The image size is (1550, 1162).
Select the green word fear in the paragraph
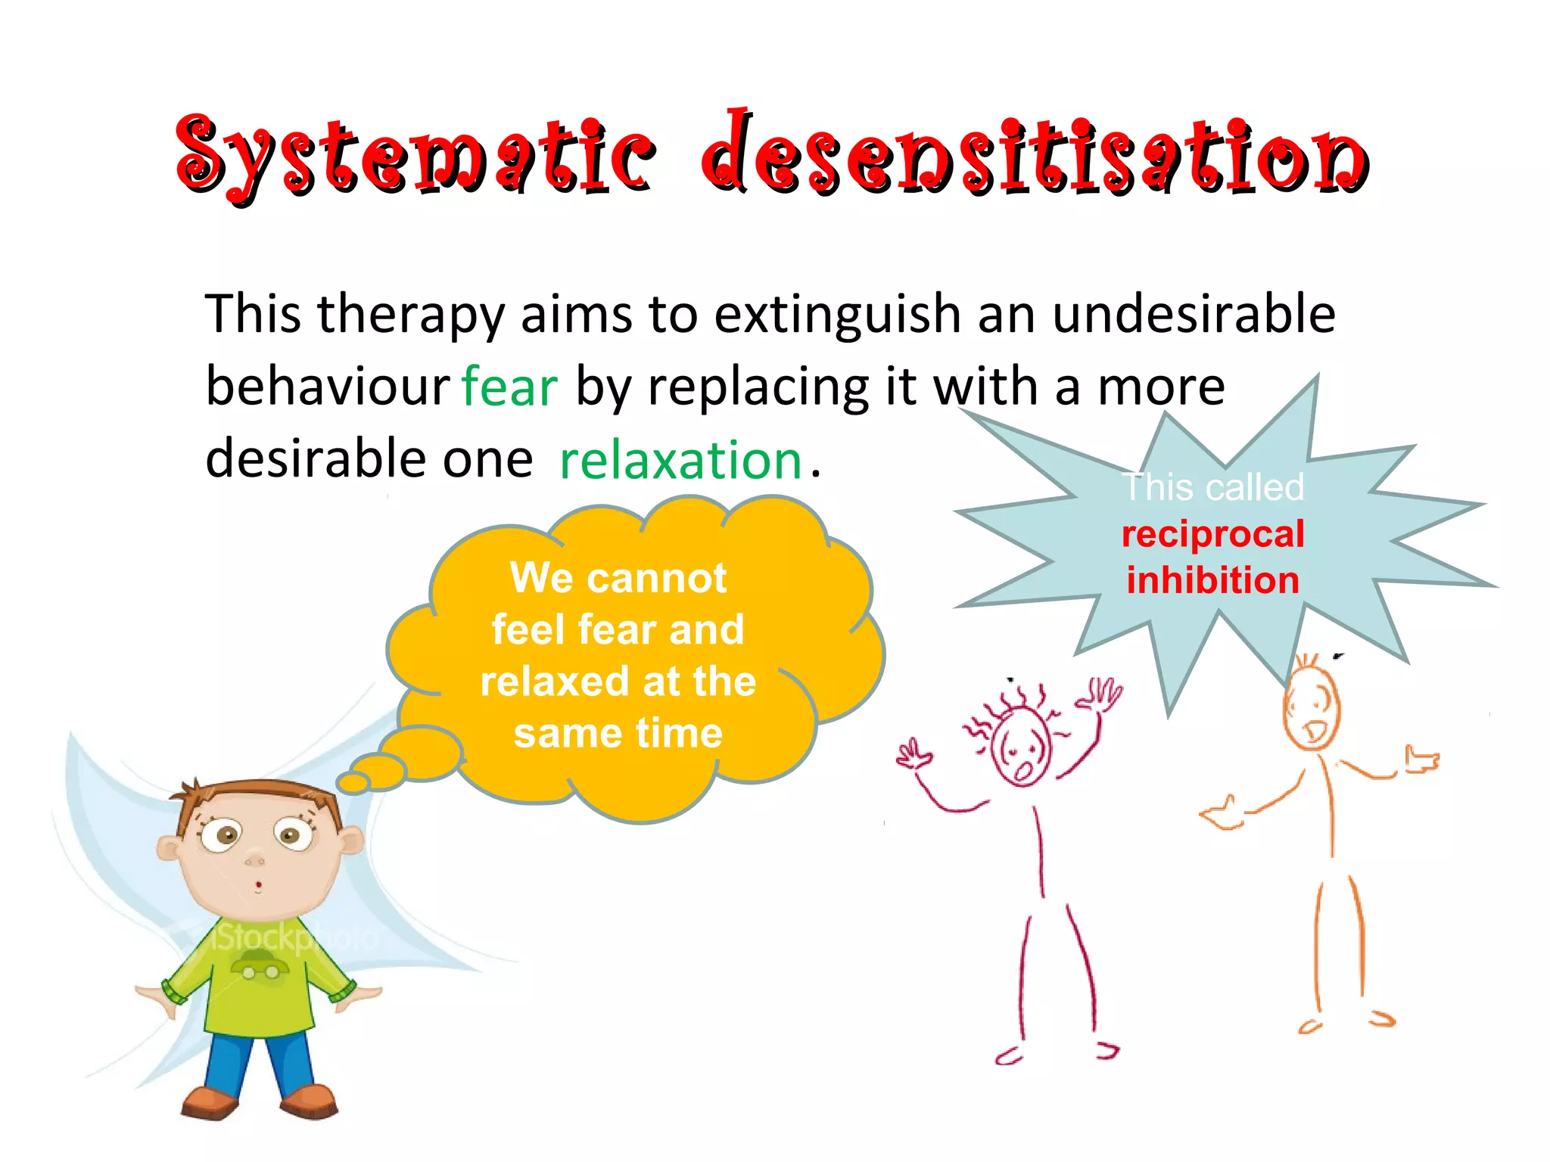(509, 387)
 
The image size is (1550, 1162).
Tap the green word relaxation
(680, 460)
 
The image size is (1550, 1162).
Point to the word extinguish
(837, 314)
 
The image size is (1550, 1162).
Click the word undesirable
(1194, 314)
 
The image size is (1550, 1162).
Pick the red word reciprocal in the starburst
(1212, 534)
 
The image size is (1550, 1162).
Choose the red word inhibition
(1212, 580)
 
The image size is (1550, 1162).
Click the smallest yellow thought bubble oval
(353, 782)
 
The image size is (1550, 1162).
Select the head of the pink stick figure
(1022, 747)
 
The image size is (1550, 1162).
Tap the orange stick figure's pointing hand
(1421, 760)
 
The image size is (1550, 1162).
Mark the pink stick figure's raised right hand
(1101, 694)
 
